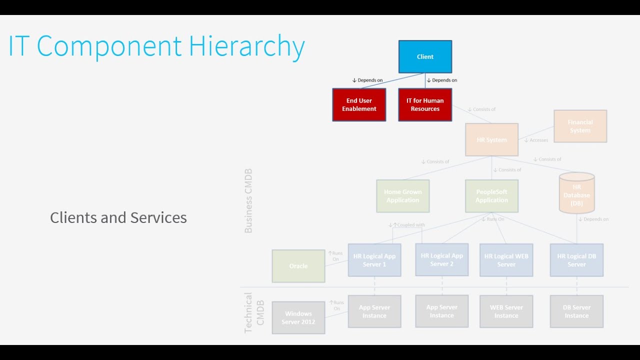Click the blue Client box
pos(425,57)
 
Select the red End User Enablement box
pos(359,105)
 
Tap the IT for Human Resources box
pos(425,105)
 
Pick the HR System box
pos(491,140)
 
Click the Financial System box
pos(580,126)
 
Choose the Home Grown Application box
pos(402,196)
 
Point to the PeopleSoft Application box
pos(491,196)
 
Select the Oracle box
pos(298,266)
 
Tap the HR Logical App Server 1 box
pos(374,260)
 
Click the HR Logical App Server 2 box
pos(441,259)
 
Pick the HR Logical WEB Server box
pos(506,260)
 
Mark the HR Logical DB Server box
pos(576,260)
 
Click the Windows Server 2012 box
pos(298,318)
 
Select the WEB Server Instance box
pos(506,311)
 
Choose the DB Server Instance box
pos(576,311)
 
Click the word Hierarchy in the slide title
pos(246,47)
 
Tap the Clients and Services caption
pos(118,218)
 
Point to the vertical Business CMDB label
pos(248,201)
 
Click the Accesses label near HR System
pos(538,140)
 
